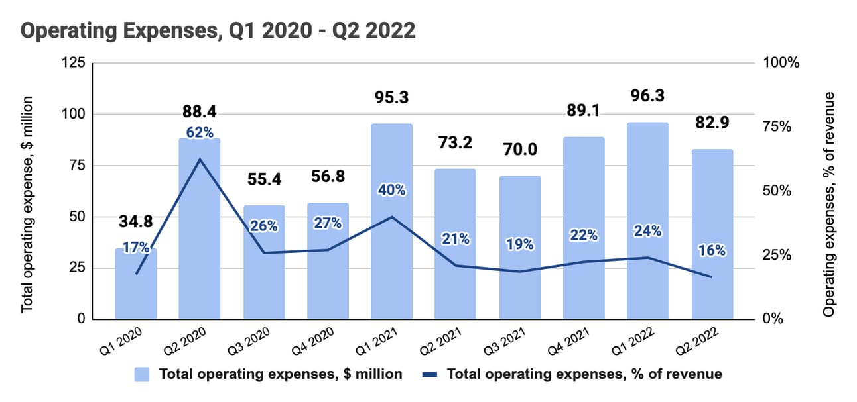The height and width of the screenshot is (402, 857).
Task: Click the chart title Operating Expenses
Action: tap(220, 30)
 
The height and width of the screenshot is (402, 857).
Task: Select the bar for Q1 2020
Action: tap(136, 291)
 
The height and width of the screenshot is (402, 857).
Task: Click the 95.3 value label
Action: tap(391, 98)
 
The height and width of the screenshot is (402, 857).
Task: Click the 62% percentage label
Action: tap(200, 132)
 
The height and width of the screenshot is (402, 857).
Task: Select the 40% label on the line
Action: tap(391, 190)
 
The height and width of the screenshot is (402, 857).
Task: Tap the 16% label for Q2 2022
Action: tap(712, 250)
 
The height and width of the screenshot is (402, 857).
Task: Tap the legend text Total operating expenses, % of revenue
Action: tap(584, 374)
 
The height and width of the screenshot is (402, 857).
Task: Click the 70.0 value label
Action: tap(520, 151)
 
